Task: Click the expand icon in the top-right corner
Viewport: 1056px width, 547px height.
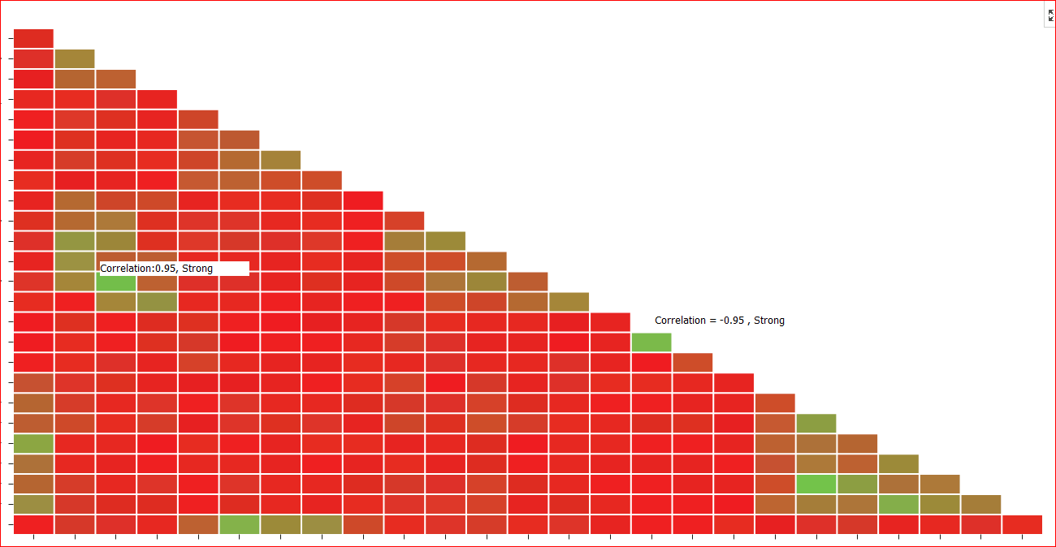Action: click(x=1050, y=15)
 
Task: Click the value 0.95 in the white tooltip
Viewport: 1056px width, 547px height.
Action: click(x=166, y=269)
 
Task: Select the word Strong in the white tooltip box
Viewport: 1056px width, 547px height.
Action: click(x=197, y=269)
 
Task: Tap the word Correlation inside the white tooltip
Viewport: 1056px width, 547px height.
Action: click(x=127, y=269)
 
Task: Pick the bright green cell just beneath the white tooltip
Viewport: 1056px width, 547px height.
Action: click(x=115, y=282)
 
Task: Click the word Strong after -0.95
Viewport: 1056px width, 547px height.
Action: click(x=769, y=321)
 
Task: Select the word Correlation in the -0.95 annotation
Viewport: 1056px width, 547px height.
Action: click(x=681, y=321)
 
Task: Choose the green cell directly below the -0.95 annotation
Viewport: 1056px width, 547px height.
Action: click(x=651, y=342)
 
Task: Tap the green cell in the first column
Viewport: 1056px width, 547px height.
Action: click(x=33, y=444)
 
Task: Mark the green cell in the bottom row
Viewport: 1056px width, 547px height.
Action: click(x=239, y=524)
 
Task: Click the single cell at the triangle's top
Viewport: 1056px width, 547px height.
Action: click(x=33, y=38)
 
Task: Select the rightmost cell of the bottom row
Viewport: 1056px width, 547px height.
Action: click(x=1022, y=524)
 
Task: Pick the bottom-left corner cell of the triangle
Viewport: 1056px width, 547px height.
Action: click(x=33, y=524)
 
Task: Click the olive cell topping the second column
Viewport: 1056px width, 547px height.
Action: click(x=75, y=58)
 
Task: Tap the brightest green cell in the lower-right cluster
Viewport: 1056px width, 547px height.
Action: click(x=816, y=485)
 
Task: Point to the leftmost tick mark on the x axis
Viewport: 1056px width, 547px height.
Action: click(x=33, y=536)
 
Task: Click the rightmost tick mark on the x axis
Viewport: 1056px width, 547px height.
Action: click(x=1022, y=536)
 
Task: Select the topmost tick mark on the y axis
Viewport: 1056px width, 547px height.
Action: click(x=11, y=38)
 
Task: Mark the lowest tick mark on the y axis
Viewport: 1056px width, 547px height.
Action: click(x=11, y=524)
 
